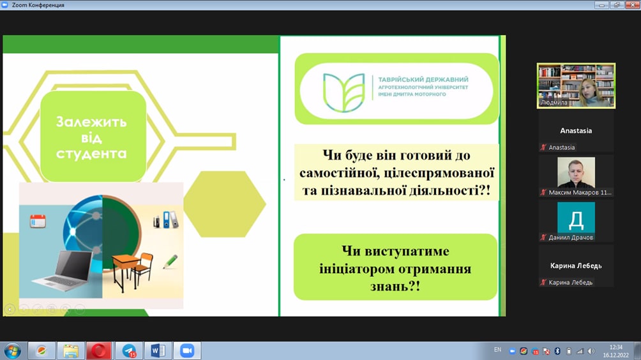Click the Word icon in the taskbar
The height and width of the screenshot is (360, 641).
158,350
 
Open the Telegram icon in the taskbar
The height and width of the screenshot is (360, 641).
129,350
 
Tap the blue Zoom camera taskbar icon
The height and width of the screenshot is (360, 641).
187,350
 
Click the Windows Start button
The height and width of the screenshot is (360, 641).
13,351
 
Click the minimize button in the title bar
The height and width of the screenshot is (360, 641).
601,5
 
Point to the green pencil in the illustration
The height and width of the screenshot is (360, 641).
170,262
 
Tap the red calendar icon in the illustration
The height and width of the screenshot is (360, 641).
38,221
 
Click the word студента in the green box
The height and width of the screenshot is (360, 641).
91,154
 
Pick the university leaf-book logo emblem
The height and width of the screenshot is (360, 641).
343,93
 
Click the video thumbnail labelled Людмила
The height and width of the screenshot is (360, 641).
576,86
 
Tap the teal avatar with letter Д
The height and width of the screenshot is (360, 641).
576,218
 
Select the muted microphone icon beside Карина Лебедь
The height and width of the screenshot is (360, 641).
543,282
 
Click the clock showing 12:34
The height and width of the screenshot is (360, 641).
615,347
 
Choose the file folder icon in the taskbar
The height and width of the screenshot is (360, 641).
71,351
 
